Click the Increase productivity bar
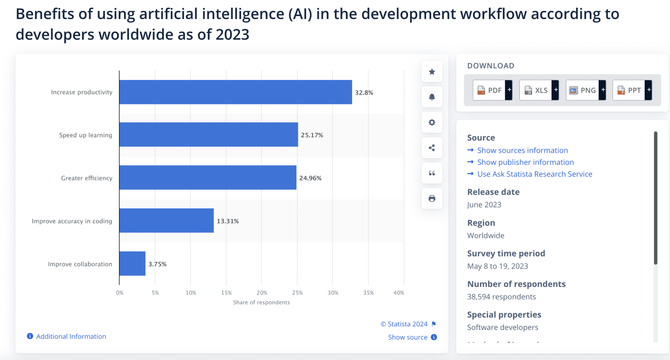point(236,92)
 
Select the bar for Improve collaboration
point(132,263)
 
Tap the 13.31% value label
point(228,221)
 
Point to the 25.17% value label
point(312,135)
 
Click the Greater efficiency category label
point(87,178)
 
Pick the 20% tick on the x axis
point(262,293)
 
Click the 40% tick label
point(398,293)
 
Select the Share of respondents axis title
point(261,302)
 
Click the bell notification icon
point(432,97)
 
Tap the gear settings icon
point(432,122)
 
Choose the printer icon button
point(432,198)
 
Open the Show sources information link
point(522,150)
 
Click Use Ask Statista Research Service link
point(535,174)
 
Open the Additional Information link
point(71,336)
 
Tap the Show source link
point(408,337)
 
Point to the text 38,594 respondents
point(501,297)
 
